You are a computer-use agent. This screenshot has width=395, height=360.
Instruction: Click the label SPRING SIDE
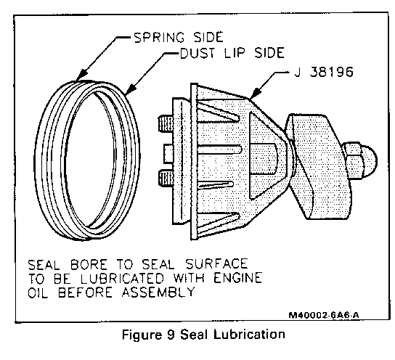(179, 37)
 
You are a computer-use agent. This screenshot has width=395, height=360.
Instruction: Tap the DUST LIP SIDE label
(232, 53)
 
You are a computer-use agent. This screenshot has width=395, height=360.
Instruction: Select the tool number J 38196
(324, 72)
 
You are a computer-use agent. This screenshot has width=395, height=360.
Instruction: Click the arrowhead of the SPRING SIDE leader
(82, 75)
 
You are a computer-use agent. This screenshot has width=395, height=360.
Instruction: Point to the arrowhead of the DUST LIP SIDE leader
(131, 89)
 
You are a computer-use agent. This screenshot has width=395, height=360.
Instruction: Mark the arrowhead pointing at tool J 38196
(255, 93)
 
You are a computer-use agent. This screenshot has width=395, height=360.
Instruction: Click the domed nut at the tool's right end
(359, 160)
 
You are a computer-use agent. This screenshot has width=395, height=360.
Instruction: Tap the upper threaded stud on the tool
(166, 123)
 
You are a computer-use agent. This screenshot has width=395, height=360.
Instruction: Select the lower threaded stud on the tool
(166, 179)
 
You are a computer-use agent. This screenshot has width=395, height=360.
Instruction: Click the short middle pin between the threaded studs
(168, 154)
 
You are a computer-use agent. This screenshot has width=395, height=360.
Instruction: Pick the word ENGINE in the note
(238, 278)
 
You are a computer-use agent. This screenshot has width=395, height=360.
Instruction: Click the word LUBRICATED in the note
(123, 279)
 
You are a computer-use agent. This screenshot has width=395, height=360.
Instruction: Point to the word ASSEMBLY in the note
(158, 292)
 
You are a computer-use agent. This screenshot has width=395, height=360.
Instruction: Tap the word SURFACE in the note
(217, 264)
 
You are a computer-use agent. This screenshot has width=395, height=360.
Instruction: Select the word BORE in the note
(89, 265)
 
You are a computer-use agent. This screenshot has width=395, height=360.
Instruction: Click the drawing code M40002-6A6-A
(324, 315)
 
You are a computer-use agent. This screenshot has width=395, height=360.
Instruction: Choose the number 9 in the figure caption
(171, 335)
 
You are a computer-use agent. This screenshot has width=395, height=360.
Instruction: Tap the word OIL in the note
(38, 292)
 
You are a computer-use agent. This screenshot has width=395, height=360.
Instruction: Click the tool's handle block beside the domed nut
(318, 166)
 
